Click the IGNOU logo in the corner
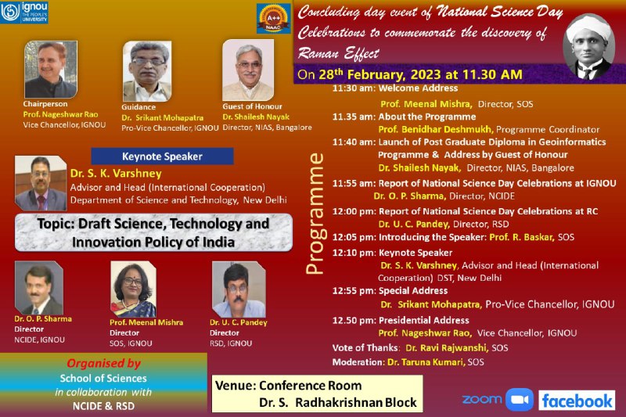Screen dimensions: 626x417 coord(24,12)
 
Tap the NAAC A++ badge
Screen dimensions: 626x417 coord(273,19)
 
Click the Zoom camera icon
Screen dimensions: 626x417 coord(520,400)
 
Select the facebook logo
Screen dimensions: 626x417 coord(577,401)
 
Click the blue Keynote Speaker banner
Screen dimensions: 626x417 coord(162,156)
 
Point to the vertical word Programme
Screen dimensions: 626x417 coord(315,214)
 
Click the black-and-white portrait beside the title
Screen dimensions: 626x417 coord(589,47)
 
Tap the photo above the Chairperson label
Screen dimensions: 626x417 coord(51,70)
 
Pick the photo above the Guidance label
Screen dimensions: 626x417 coord(147,71)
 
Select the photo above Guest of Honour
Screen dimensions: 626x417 coord(248,70)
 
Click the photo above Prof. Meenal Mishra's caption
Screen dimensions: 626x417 coord(133,289)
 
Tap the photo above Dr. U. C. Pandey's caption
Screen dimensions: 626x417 coord(239,289)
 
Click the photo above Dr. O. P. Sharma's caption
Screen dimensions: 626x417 coord(38,288)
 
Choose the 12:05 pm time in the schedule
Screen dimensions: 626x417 coord(354,237)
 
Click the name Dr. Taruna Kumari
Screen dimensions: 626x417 coord(426,362)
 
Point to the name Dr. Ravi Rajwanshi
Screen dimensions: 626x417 coord(447,348)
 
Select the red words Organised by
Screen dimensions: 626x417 coord(104,363)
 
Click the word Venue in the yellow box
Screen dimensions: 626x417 coord(236,386)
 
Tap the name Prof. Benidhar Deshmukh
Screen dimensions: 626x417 coord(436,130)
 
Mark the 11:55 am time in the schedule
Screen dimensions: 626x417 coord(354,184)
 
